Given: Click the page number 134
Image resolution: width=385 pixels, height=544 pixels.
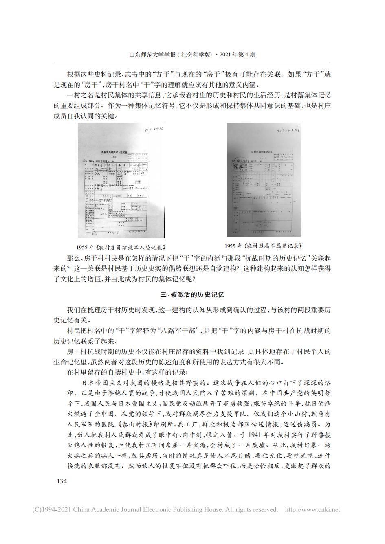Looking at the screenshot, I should pyautogui.click(x=60, y=481).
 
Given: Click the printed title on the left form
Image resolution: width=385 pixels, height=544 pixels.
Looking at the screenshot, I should pyautogui.click(x=117, y=151).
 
